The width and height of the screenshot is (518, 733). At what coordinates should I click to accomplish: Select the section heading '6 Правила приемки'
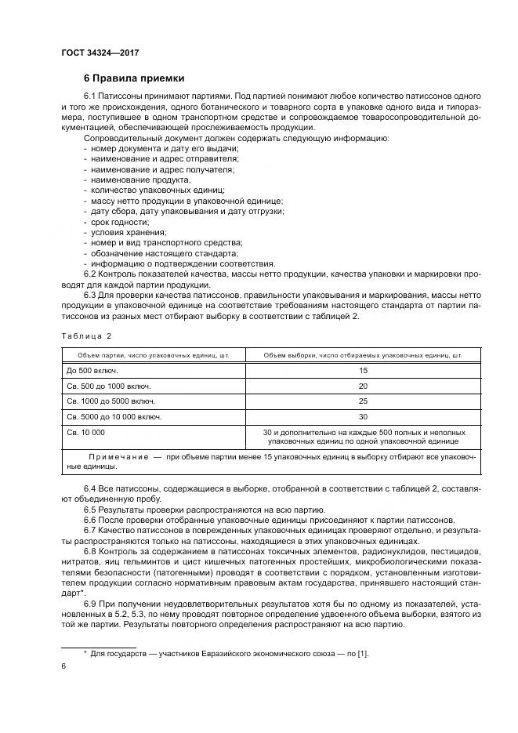[134, 78]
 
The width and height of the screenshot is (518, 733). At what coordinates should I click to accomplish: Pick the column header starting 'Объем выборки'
[362, 355]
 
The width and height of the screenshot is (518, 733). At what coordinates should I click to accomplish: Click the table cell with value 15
[363, 370]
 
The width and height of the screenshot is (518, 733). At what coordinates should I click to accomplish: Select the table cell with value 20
[363, 386]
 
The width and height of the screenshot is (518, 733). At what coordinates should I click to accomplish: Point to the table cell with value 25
[363, 401]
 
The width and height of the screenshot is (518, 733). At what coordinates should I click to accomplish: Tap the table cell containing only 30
[363, 416]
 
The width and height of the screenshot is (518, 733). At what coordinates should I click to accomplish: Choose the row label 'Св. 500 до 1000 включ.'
[108, 386]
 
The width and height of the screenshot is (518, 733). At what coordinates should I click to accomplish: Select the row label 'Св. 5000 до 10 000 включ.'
[114, 416]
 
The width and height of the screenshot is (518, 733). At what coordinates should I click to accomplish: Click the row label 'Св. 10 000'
[85, 432]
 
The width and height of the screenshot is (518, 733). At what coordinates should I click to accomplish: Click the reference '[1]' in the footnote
[362, 652]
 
